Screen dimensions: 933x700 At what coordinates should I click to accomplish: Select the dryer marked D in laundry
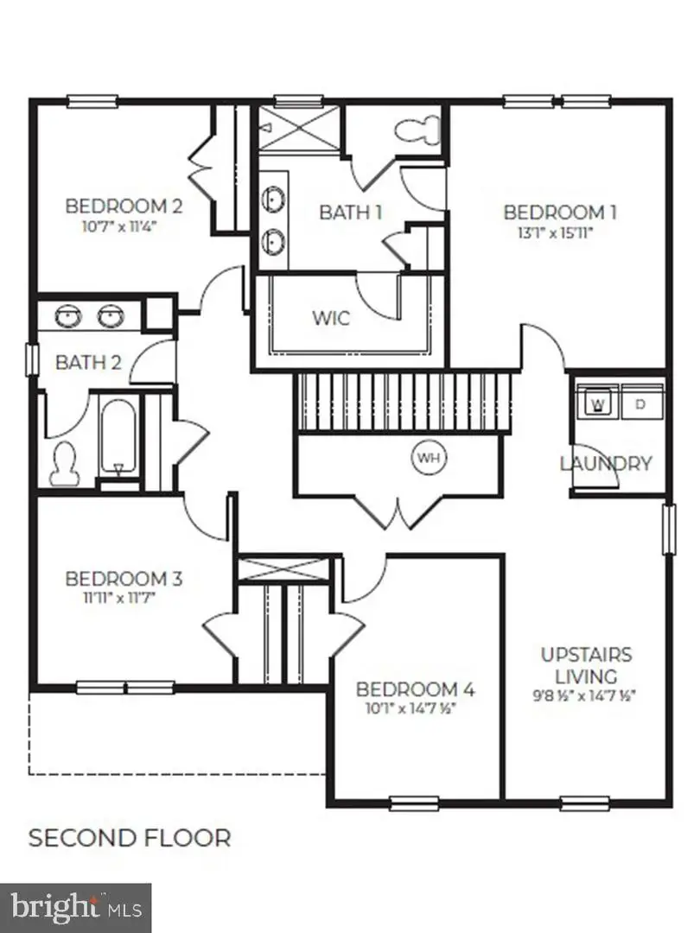click(640, 403)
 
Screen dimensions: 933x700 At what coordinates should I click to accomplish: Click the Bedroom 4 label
click(416, 689)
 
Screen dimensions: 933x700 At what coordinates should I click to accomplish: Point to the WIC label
click(331, 318)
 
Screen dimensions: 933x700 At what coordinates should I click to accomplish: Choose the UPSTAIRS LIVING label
click(586, 665)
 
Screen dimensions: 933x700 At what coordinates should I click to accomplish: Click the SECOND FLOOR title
click(130, 837)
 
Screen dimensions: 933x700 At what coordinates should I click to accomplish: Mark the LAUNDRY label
click(605, 463)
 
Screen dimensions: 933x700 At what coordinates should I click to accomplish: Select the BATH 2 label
click(88, 362)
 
